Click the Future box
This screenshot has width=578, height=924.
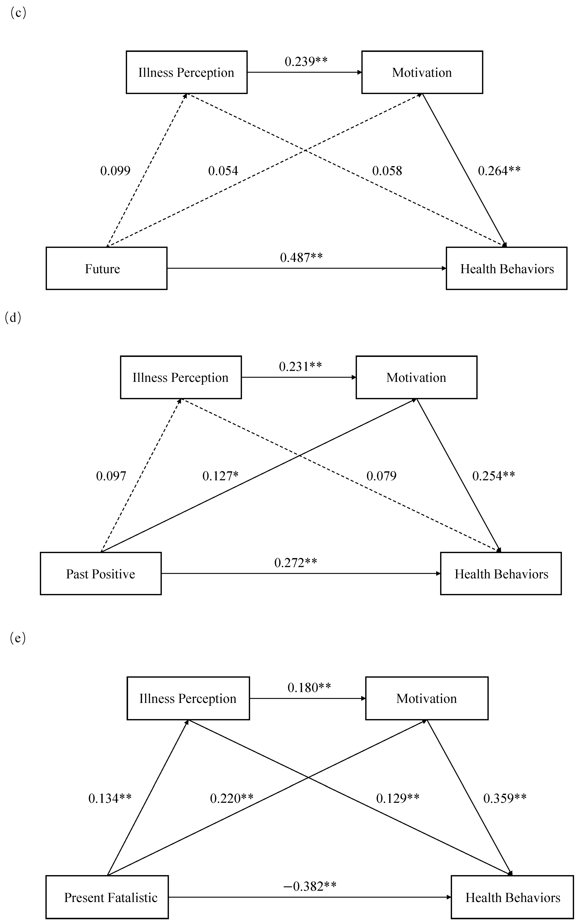pyautogui.click(x=106, y=268)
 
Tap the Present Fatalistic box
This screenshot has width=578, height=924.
pyautogui.click(x=107, y=897)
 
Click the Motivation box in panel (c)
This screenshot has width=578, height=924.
pyautogui.click(x=422, y=72)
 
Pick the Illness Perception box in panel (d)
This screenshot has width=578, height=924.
pyautogui.click(x=181, y=377)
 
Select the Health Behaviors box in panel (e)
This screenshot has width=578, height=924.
pyautogui.click(x=512, y=897)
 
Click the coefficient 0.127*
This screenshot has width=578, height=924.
pyautogui.click(x=220, y=476)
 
